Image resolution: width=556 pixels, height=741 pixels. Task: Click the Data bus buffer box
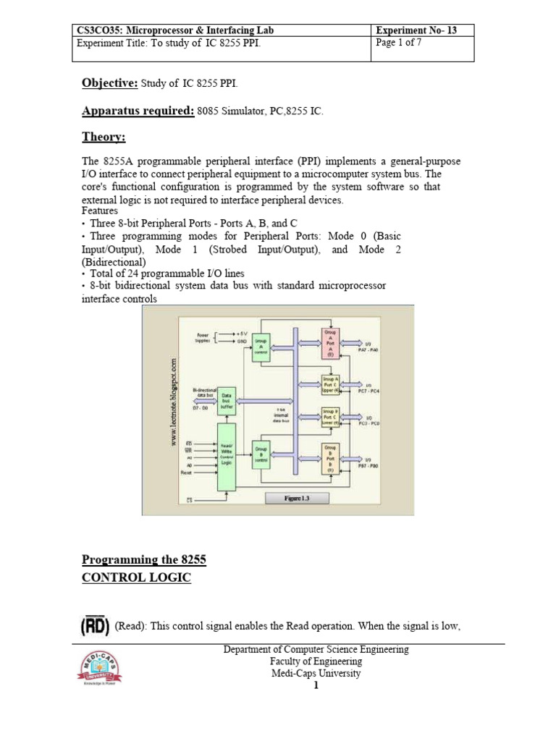228,404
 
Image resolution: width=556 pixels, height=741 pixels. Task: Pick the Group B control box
261,455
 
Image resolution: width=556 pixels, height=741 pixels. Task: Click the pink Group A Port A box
330,343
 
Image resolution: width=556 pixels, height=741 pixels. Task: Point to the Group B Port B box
330,459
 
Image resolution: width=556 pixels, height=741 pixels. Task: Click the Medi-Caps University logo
99,668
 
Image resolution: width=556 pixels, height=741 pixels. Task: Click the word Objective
109,83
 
